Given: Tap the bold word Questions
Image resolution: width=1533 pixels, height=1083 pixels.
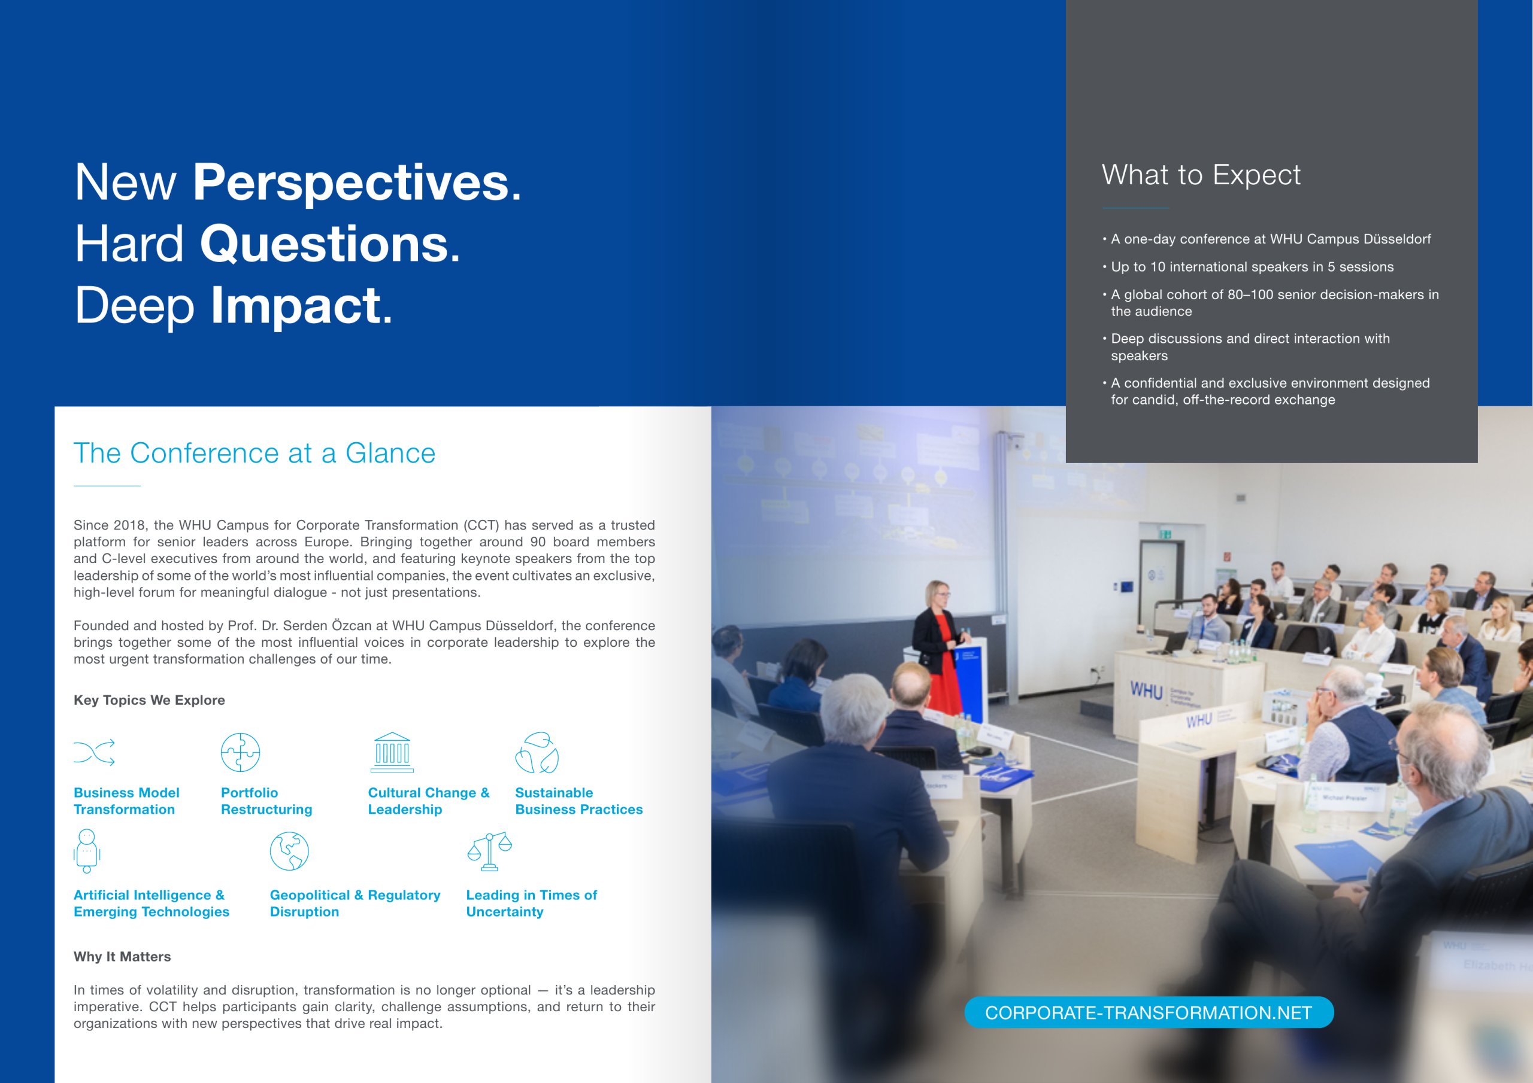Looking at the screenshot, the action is pos(330,244).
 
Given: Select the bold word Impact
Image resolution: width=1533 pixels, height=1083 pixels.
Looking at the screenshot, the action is pos(301,306).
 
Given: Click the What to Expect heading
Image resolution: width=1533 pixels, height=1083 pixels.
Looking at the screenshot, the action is pos(1201,175).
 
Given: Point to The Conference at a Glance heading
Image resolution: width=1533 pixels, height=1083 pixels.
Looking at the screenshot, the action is pos(255,453).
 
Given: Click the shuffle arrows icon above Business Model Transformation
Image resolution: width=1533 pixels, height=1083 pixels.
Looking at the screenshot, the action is pos(94,752).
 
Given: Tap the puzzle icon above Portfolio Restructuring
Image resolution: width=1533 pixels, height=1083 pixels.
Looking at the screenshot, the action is pos(240,752).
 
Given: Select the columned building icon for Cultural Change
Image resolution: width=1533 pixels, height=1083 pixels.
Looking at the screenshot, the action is pos(392,752).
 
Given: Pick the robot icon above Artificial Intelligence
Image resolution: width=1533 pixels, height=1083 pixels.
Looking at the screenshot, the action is pos(87,851).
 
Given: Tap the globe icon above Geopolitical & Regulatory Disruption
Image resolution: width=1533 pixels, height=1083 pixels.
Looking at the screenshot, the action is pos(289,851).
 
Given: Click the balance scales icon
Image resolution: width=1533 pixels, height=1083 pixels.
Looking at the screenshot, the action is pos(489,851).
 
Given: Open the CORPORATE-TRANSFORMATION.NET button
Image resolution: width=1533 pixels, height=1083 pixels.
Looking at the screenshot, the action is pos(1149,1012).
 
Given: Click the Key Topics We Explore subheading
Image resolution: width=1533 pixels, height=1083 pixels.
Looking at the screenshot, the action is pos(149,700).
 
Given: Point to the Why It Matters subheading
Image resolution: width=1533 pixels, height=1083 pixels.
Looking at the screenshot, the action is pos(122,956).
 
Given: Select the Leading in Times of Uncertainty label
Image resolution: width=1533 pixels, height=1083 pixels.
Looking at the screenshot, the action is pos(532,903).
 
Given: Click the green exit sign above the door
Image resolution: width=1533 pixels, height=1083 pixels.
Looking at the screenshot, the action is pos(1166,534).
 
